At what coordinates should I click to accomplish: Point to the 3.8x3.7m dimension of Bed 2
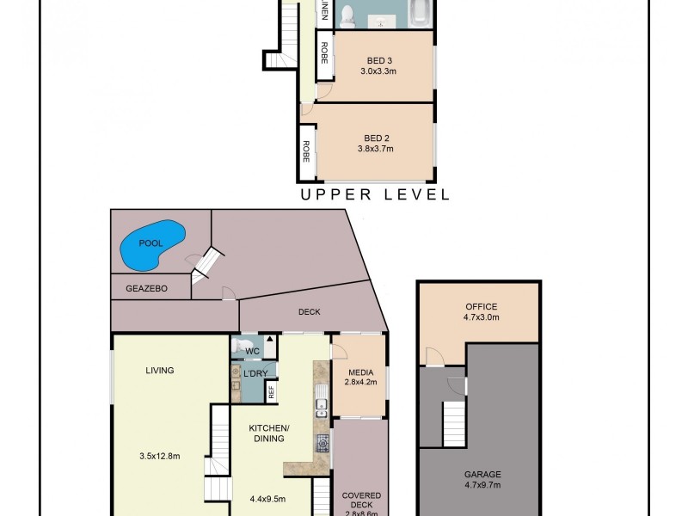click(375, 149)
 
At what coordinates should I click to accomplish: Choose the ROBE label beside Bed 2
click(305, 152)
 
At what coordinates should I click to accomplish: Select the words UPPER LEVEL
click(374, 195)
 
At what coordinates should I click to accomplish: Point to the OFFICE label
click(481, 307)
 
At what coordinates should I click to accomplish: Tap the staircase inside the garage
click(455, 423)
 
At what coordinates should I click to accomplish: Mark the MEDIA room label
click(360, 372)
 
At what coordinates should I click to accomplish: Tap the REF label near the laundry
click(271, 392)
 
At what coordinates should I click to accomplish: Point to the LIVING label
click(160, 371)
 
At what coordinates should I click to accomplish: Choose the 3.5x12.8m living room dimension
click(160, 456)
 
